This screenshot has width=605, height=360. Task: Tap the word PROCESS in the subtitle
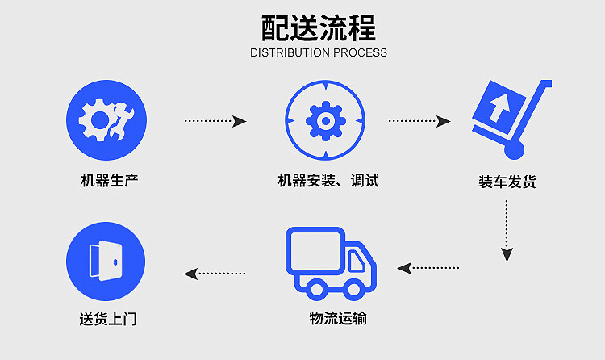[x=360, y=53]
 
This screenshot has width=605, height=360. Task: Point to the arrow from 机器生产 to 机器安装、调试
[x=215, y=121]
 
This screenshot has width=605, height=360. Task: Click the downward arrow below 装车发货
[x=507, y=230]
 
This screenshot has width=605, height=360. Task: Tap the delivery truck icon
[x=331, y=262]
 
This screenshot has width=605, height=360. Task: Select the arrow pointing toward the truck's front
[x=428, y=267]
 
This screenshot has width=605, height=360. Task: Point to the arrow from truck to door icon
[x=215, y=273]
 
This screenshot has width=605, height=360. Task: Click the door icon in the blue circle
[x=106, y=261]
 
